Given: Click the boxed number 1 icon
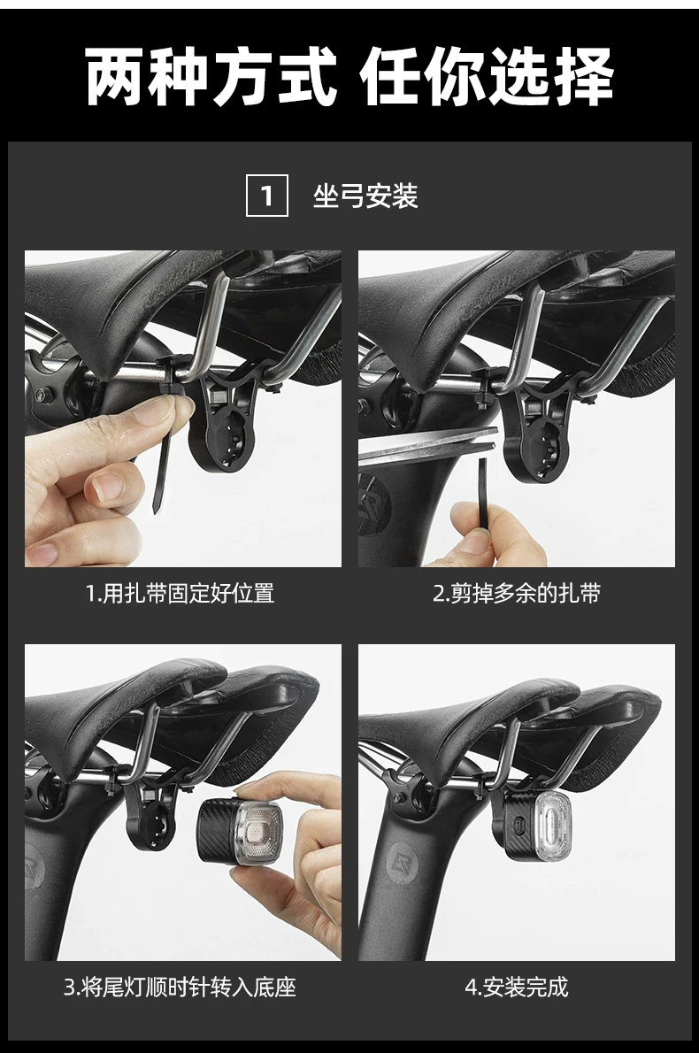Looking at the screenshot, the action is point(266,196).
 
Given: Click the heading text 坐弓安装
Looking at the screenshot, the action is point(365,196).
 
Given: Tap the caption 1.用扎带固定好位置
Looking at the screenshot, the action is point(180,594).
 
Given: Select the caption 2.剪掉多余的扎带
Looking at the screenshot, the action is point(517,594).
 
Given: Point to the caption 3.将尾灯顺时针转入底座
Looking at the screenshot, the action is point(180,988).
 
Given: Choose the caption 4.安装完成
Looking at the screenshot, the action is point(517,988).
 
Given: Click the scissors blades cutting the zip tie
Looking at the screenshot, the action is point(428,445).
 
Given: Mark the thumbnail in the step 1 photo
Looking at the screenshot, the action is point(104,488).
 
